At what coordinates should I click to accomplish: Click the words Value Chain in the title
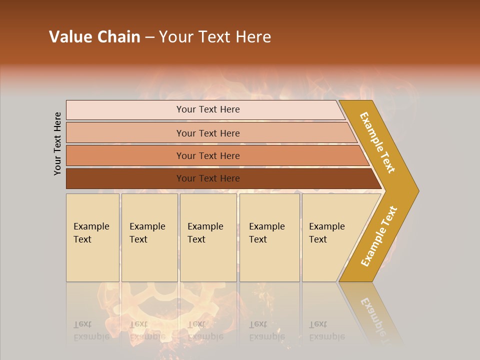94,37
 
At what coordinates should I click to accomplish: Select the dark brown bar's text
208,178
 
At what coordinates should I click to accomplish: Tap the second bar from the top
208,133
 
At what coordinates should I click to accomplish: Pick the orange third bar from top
208,156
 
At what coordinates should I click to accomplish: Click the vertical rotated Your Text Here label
57,143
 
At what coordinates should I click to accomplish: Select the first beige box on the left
92,237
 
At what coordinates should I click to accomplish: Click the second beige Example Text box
149,237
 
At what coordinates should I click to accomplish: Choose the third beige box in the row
207,237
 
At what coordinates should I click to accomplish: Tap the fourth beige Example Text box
269,237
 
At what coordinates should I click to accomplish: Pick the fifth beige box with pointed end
330,237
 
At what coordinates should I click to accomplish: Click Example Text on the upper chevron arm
377,142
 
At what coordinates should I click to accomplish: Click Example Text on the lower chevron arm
379,236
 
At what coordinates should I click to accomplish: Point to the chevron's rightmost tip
417,190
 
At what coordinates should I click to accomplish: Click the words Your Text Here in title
215,37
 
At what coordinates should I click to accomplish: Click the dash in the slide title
149,37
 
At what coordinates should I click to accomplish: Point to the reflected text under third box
205,330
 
